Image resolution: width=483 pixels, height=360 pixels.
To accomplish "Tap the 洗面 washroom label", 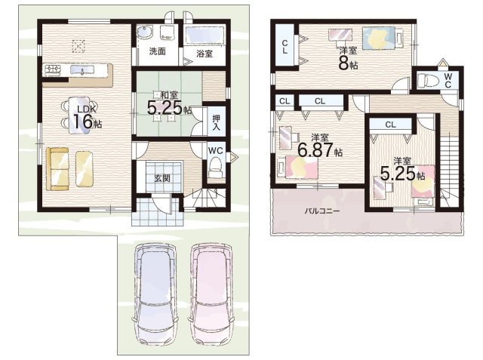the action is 157,51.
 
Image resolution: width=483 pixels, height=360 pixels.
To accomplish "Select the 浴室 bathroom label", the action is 205,54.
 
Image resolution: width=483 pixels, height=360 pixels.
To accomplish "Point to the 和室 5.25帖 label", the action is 169,104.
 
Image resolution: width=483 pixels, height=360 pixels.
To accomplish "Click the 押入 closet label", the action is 217,122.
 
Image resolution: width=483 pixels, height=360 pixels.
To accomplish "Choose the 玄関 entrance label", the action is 162,178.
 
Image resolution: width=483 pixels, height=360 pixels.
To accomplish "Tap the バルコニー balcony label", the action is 322,211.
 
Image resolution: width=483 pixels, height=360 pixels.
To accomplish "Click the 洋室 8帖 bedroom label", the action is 348,59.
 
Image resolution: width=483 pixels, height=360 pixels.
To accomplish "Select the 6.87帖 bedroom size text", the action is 320,150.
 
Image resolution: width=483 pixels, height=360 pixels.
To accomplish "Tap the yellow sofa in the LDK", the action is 57,169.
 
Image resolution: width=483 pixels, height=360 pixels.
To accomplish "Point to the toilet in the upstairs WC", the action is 428,81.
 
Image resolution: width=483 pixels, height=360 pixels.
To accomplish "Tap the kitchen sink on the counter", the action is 82,70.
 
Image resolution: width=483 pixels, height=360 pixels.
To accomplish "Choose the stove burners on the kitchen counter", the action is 53,70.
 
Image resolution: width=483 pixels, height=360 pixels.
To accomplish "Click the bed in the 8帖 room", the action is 383,38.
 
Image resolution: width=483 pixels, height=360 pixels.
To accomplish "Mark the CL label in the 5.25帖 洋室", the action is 390,125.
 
